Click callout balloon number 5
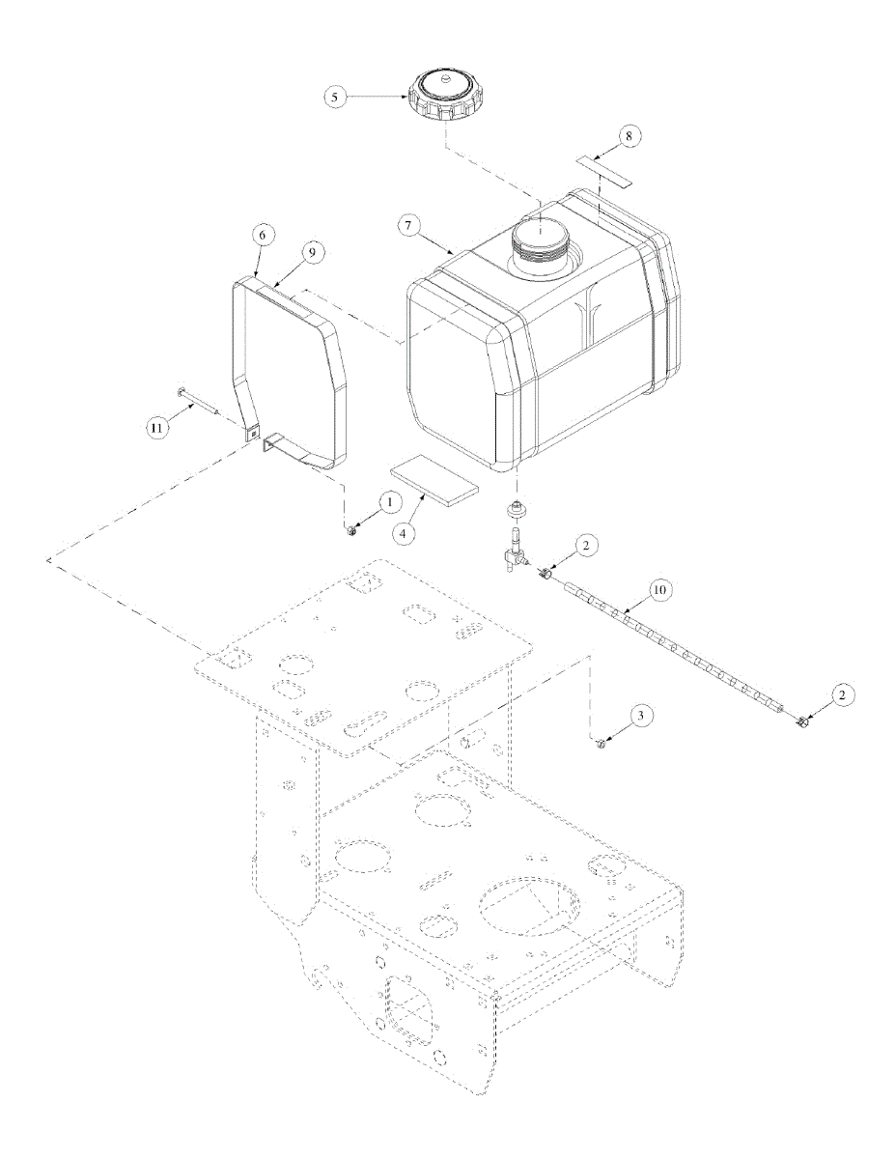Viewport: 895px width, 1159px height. click(x=335, y=98)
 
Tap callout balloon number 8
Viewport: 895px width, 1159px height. click(x=629, y=136)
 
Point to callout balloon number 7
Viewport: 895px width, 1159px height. click(x=407, y=226)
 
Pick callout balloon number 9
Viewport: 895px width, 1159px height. click(x=312, y=252)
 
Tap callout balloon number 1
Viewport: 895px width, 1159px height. click(x=390, y=502)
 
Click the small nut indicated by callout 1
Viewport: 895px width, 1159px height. click(x=351, y=530)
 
